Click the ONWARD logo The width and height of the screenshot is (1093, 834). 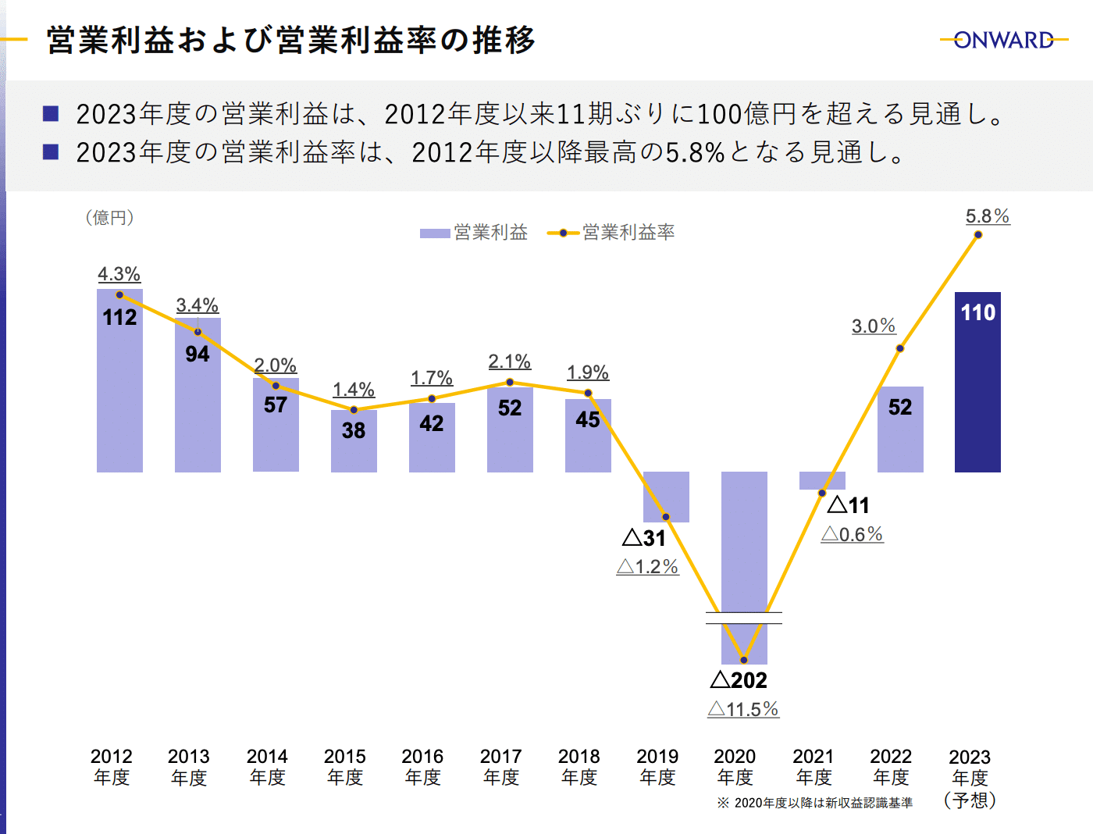[x=1004, y=40]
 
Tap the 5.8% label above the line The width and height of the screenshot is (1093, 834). [x=988, y=216]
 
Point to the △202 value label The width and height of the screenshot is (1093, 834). [x=739, y=680]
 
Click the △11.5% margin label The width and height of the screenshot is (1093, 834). [x=743, y=709]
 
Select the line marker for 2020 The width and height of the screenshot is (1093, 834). [x=743, y=660]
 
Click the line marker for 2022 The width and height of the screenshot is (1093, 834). [x=900, y=348]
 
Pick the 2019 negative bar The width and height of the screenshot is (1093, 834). [x=666, y=496]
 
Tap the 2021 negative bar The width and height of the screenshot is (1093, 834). [x=822, y=480]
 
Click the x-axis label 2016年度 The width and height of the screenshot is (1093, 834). [x=423, y=767]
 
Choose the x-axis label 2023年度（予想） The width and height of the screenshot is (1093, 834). [x=970, y=778]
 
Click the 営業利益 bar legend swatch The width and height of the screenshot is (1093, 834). [x=435, y=233]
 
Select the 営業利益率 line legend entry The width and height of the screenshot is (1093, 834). [x=611, y=233]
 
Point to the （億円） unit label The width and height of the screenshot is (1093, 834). [x=110, y=218]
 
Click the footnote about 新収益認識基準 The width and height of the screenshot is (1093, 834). [x=814, y=803]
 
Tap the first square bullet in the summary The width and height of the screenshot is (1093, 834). [x=51, y=114]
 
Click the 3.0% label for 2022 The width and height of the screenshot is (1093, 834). [x=874, y=326]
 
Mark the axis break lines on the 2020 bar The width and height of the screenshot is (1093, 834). [x=743, y=618]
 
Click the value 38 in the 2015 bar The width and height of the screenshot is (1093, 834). [x=354, y=430]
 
